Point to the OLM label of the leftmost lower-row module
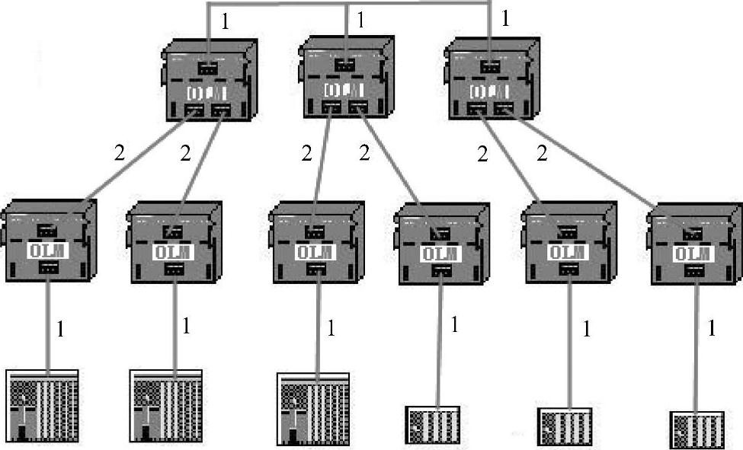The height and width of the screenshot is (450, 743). point(47,249)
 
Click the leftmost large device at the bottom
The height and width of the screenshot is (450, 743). point(43,407)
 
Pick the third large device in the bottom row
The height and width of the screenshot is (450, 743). point(312,408)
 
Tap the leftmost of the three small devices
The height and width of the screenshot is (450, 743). point(433,424)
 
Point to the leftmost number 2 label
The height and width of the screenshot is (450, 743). point(118,152)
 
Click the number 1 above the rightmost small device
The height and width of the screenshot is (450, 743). point(713,329)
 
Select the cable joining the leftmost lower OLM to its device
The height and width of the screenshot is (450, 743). point(47,324)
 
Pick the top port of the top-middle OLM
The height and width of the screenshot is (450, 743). point(345,65)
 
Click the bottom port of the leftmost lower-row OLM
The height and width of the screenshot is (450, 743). point(47,267)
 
